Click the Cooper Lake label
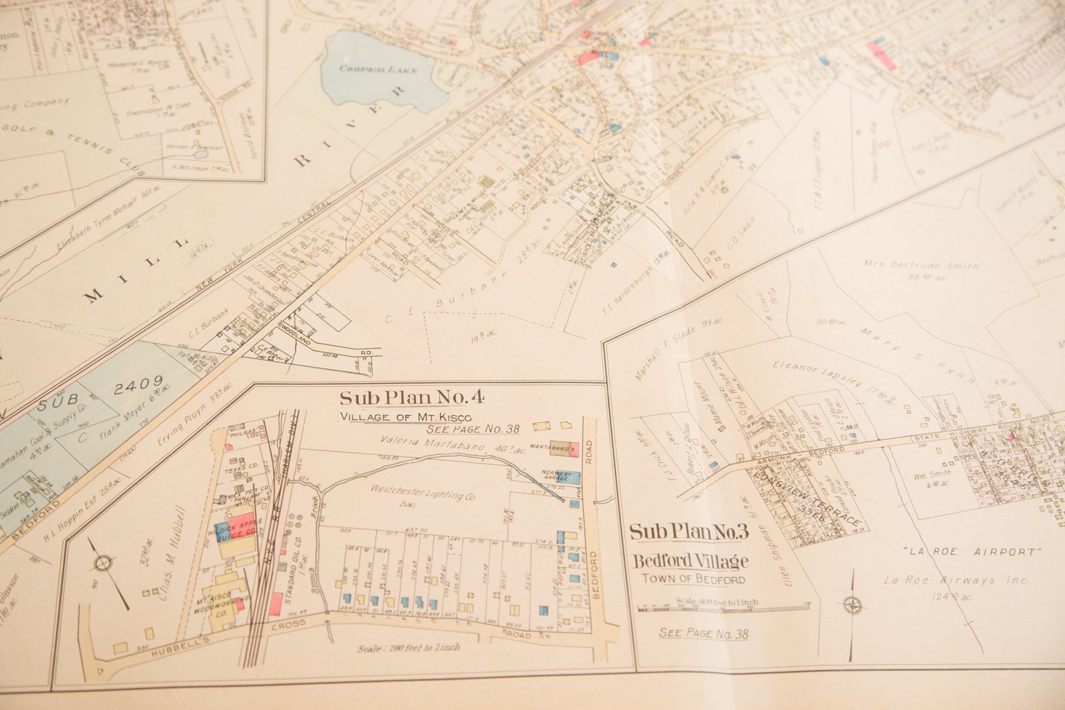[x=378, y=69]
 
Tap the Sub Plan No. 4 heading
[x=411, y=398]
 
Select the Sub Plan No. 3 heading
[x=689, y=532]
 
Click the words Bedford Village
[x=690, y=561]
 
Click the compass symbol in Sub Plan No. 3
[x=852, y=605]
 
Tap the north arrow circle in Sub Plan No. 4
[x=103, y=564]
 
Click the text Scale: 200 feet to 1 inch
[x=408, y=647]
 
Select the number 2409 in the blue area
[x=138, y=384]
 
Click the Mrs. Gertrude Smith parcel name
[x=921, y=264]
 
